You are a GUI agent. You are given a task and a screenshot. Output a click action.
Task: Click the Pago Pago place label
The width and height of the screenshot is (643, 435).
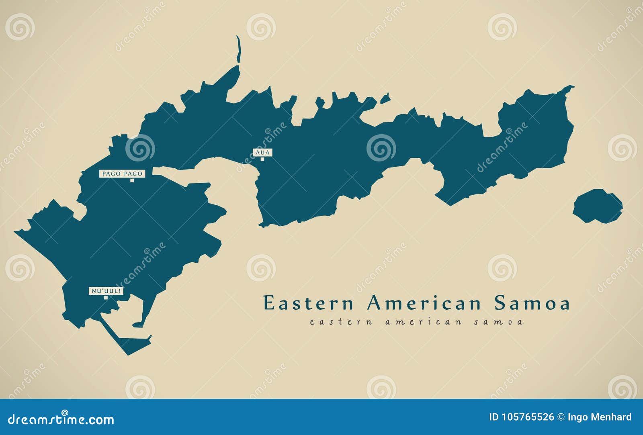[x=122, y=174]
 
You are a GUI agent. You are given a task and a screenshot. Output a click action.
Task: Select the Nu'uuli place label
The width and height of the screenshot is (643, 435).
[x=106, y=291]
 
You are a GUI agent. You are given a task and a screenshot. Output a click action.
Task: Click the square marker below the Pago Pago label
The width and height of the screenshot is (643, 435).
[x=132, y=180]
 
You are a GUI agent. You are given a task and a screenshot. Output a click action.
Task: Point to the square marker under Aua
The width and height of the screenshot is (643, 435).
[x=262, y=159]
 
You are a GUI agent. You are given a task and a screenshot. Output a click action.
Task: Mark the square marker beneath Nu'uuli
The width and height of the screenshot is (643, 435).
[x=106, y=298]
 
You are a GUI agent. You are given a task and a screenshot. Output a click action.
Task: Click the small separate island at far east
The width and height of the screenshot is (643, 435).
[x=598, y=206]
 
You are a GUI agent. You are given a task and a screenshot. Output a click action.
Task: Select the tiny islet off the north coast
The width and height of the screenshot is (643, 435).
[x=385, y=98]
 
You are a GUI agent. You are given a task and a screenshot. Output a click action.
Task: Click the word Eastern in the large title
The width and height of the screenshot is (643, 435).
[x=308, y=303]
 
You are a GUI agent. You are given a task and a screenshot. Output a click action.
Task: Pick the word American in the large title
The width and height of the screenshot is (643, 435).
[x=424, y=303]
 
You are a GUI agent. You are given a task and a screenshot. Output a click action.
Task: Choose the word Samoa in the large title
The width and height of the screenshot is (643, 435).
[x=532, y=303]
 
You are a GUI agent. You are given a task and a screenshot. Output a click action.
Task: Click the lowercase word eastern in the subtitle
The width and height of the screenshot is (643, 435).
[x=341, y=322]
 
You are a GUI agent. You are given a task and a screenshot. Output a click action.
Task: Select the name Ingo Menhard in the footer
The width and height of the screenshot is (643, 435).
[x=600, y=417]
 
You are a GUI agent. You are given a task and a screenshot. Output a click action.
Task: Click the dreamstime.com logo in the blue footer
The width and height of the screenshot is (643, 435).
[x=61, y=419]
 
